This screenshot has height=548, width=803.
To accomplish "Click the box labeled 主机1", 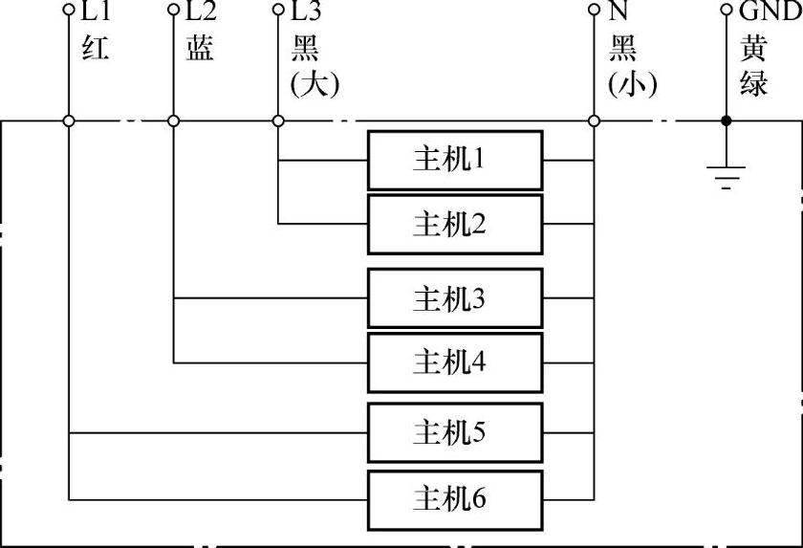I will (455, 160).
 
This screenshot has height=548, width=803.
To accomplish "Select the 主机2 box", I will (455, 225).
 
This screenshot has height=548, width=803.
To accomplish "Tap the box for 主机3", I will (455, 299).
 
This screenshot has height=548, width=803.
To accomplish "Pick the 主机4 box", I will (455, 362).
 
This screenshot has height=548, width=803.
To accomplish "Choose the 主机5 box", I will (455, 433).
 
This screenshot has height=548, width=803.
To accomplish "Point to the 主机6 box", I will (455, 498).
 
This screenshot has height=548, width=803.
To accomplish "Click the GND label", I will (769, 12).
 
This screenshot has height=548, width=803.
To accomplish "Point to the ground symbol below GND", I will (726, 176).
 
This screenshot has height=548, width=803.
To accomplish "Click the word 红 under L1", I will (96, 48).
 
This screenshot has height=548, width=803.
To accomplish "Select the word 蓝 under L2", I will (200, 48).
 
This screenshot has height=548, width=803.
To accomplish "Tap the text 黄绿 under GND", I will (754, 65).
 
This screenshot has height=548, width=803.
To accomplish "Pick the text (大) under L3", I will (315, 83).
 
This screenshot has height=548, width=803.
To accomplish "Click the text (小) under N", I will (632, 83).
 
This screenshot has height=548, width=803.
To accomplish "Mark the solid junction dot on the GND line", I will (726, 121).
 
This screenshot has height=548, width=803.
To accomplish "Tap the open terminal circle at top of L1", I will (68, 12).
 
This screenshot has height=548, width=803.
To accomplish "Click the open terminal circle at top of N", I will (594, 12).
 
